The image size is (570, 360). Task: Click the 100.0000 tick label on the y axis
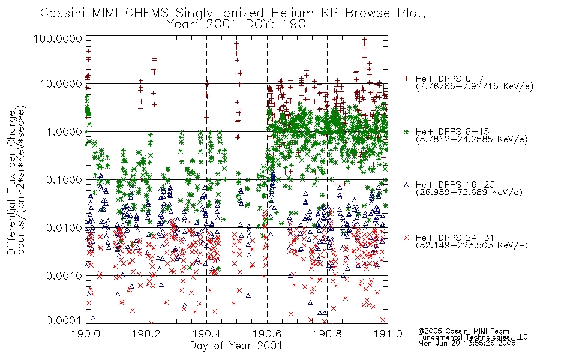click(x=58, y=38)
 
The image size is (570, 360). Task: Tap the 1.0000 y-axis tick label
click(x=64, y=131)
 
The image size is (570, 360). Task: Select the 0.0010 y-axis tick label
click(x=64, y=275)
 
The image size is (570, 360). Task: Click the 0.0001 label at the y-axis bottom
click(x=64, y=320)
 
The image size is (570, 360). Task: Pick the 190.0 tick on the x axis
click(x=86, y=334)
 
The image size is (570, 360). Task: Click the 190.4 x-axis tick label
click(x=206, y=334)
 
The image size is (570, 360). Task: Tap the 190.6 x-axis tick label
click(x=267, y=334)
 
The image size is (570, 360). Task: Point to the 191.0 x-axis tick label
click(x=388, y=334)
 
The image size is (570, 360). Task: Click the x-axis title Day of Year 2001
click(x=236, y=346)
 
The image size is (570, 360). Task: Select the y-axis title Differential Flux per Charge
click(x=11, y=182)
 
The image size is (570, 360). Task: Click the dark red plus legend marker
click(x=406, y=79)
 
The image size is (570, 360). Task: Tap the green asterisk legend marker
click(x=406, y=131)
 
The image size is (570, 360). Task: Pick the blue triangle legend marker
click(x=406, y=185)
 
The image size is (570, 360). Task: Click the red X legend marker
click(x=406, y=238)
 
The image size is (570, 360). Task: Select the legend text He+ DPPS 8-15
click(x=452, y=131)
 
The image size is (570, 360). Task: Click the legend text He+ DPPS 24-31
click(x=455, y=238)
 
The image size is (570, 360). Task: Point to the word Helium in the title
click(x=292, y=13)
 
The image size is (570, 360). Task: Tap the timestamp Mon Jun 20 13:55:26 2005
click(x=467, y=343)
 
